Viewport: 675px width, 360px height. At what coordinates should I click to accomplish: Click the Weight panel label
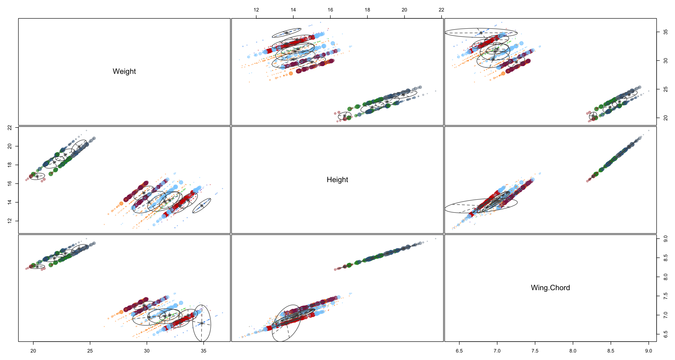[x=124, y=71]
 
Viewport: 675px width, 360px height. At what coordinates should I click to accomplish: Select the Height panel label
[x=337, y=180]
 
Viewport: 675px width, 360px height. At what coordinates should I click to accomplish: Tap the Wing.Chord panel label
[x=550, y=288]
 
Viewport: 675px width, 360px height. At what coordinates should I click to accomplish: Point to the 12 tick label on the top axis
[x=256, y=10]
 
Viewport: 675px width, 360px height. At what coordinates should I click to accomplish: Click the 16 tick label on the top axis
[x=330, y=10]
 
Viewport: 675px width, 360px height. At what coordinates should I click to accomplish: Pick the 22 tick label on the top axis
[x=441, y=10]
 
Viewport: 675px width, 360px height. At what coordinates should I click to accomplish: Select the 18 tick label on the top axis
[x=367, y=10]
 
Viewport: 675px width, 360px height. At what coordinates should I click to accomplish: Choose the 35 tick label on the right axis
[x=666, y=32]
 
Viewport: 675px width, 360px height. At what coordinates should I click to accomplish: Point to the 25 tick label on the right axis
[x=666, y=89]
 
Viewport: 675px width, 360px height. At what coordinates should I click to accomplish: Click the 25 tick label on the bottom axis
[x=90, y=351]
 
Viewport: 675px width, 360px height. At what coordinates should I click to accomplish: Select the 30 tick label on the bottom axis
[x=147, y=351]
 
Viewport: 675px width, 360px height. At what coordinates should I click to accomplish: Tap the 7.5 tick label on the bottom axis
[x=535, y=351]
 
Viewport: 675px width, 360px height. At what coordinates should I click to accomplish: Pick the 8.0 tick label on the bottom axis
[x=573, y=351]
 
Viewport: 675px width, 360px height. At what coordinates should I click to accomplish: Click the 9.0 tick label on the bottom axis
[x=649, y=351]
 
